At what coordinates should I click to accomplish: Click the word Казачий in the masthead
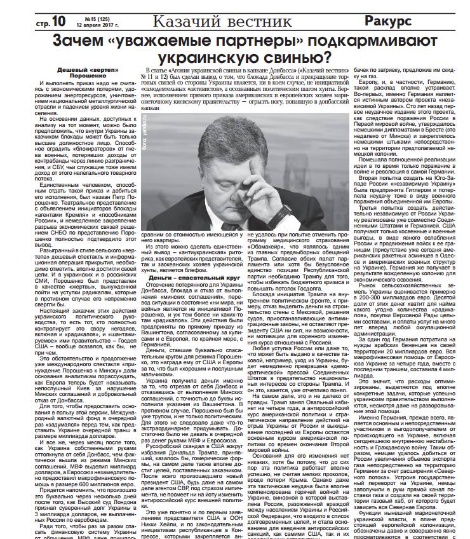188,21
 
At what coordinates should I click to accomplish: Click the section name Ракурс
389,21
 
